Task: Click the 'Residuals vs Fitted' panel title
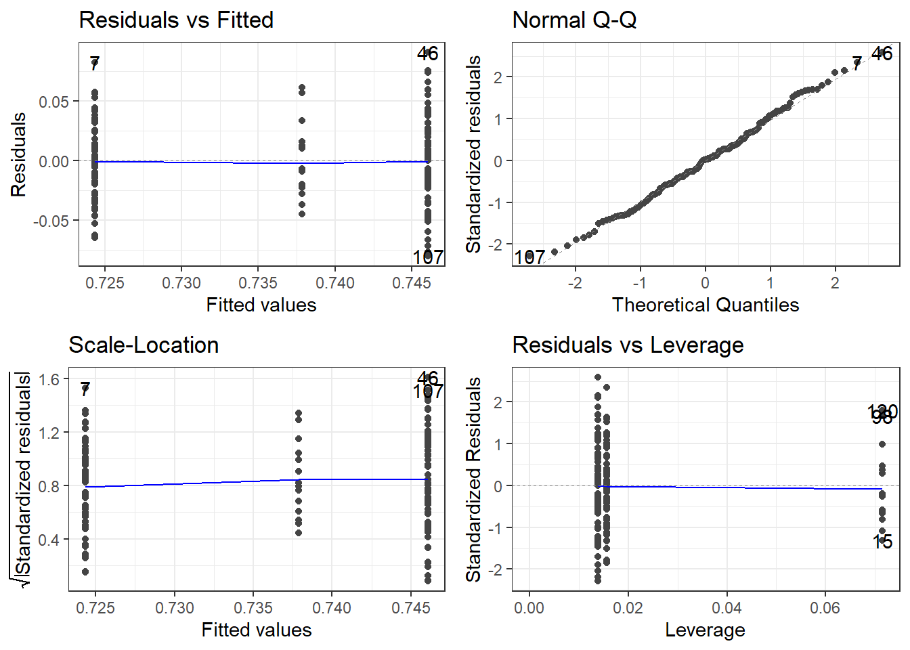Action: click(176, 20)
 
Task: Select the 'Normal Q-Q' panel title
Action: click(574, 20)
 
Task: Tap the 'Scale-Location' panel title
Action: click(144, 345)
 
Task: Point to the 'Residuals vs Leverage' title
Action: click(628, 345)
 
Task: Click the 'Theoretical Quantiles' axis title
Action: click(705, 305)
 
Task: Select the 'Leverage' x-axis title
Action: click(705, 630)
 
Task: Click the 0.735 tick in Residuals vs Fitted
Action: click(258, 283)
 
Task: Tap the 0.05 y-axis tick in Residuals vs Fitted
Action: click(53, 102)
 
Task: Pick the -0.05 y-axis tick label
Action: click(51, 221)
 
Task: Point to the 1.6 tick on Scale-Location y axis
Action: click(49, 379)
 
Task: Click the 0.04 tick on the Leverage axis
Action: click(727, 608)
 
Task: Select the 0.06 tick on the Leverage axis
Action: click(825, 608)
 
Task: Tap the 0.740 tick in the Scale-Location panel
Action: click(332, 608)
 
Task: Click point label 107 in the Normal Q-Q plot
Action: click(529, 257)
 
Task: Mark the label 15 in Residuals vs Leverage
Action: click(882, 542)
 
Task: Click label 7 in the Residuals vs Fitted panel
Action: click(95, 64)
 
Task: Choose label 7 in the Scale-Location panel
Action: click(85, 389)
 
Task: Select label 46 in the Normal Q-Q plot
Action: click(882, 53)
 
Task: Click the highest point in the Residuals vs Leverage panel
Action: click(598, 377)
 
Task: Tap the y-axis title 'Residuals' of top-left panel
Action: click(18, 154)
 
